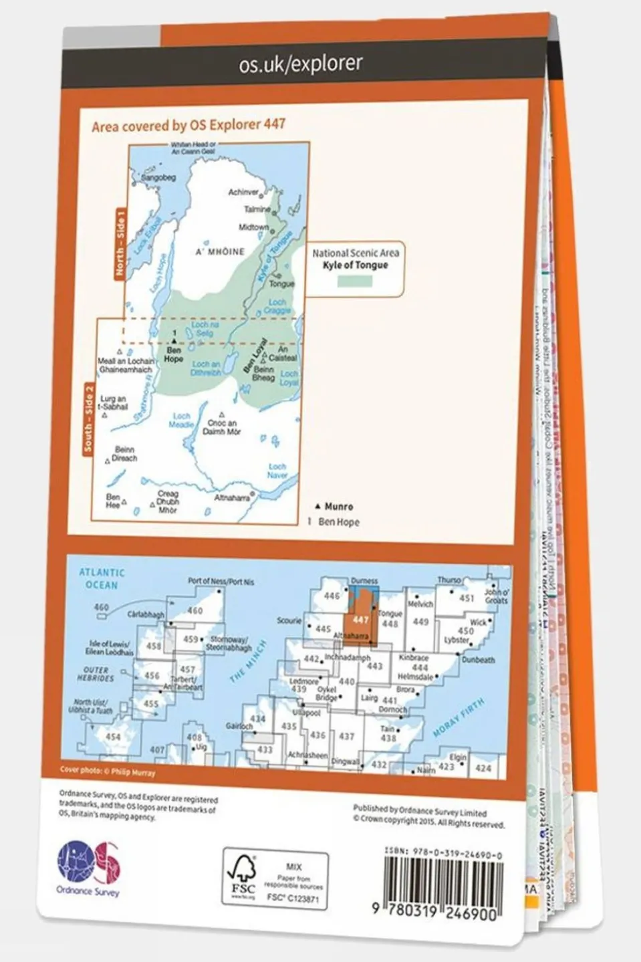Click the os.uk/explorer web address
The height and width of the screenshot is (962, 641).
pos(301,64)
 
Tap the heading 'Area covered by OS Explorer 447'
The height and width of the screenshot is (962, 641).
pos(188,124)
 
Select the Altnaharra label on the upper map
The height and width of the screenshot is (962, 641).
pos(232,498)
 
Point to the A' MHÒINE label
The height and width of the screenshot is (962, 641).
pos(220,251)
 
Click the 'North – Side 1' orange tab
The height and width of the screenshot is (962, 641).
pos(120,243)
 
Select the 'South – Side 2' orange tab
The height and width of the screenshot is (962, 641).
pos(88,418)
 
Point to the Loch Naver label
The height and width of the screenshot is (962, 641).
pos(277,471)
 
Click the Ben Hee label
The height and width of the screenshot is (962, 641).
pos(113,501)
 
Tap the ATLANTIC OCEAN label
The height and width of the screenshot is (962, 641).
pos(101,579)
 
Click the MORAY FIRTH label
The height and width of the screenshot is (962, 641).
pos(459,719)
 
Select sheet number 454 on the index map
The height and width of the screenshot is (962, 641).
pos(113,737)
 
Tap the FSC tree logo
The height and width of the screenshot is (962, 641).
pos(242,876)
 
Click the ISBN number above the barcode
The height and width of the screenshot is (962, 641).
pos(444,855)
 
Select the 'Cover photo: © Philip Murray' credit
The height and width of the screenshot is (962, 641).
pos(108,771)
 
